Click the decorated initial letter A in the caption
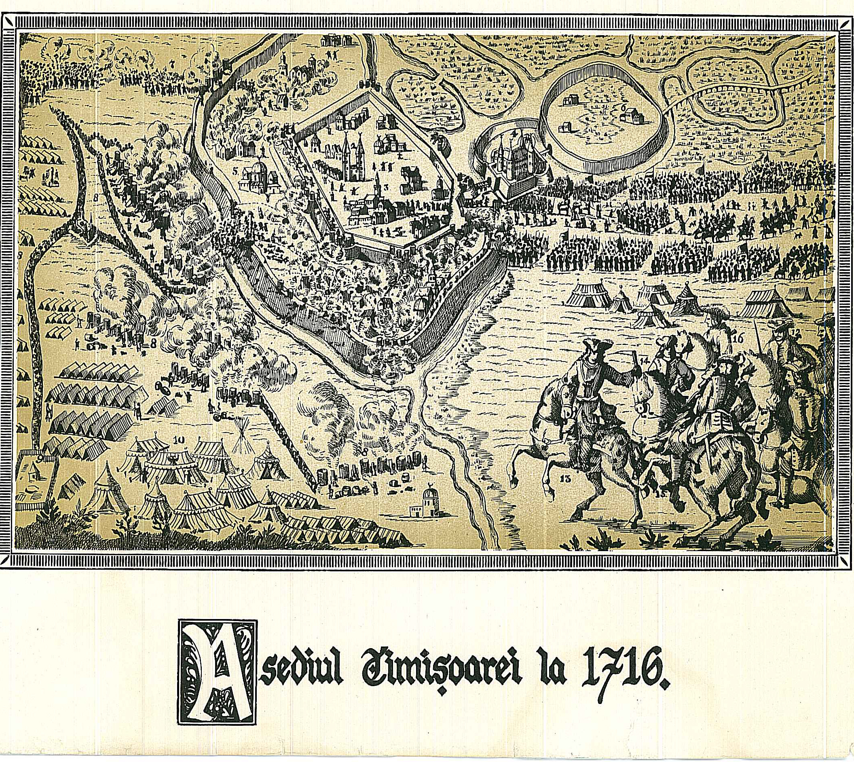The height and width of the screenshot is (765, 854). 217,672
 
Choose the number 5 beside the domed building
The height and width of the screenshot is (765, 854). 235,171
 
